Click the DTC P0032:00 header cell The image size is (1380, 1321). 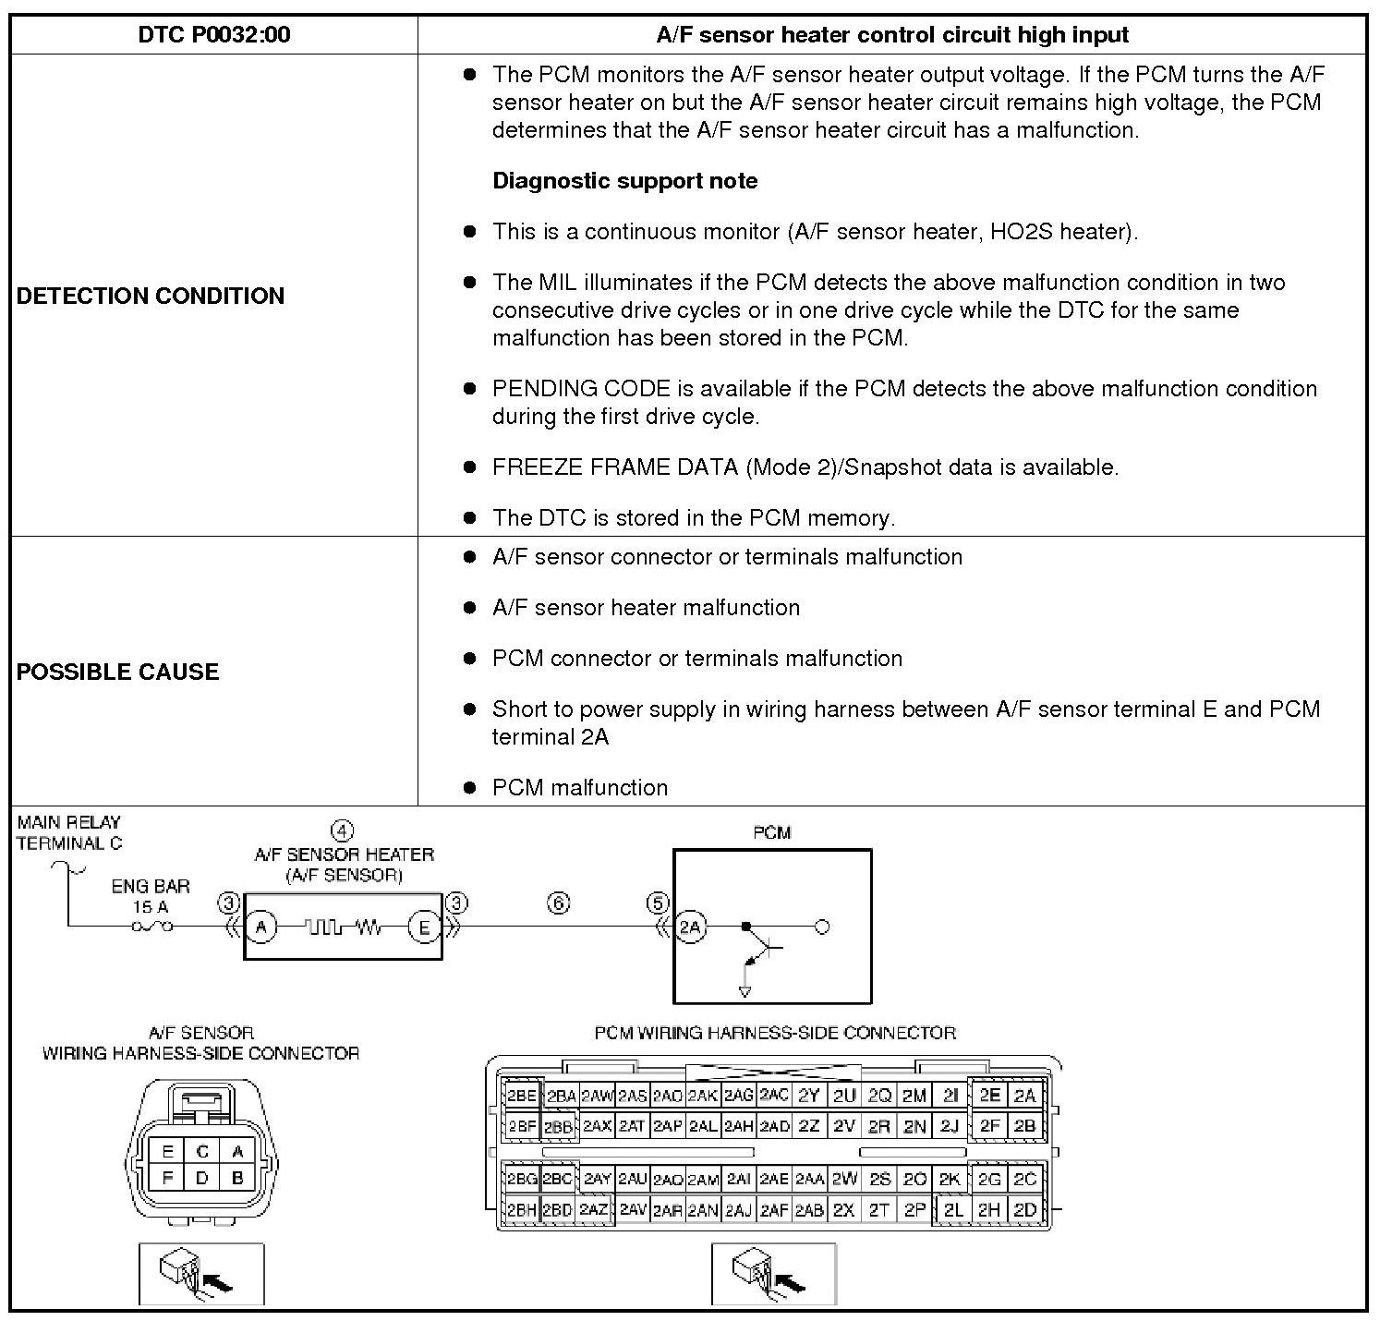click(213, 35)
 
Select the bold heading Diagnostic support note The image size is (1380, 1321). click(624, 181)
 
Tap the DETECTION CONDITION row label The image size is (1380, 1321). click(151, 296)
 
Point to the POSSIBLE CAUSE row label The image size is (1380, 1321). click(117, 672)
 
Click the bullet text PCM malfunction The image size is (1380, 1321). click(579, 788)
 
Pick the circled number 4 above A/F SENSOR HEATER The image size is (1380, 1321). click(342, 830)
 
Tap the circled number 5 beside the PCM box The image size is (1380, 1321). click(657, 903)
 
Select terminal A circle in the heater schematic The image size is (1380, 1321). click(261, 927)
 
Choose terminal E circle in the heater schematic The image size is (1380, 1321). click(424, 927)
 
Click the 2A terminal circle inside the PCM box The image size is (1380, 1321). click(691, 927)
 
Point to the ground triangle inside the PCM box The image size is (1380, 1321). click(745, 991)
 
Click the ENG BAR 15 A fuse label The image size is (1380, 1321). click(151, 896)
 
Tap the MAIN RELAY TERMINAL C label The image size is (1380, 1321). click(69, 832)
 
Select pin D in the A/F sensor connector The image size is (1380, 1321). click(202, 1178)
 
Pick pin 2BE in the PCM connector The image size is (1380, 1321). click(521, 1097)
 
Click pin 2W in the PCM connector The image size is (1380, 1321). click(844, 1179)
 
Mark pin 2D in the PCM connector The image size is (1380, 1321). click(1024, 1209)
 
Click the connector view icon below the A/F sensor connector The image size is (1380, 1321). click(201, 1273)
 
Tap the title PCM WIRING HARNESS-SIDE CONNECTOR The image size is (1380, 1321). click(774, 1033)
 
